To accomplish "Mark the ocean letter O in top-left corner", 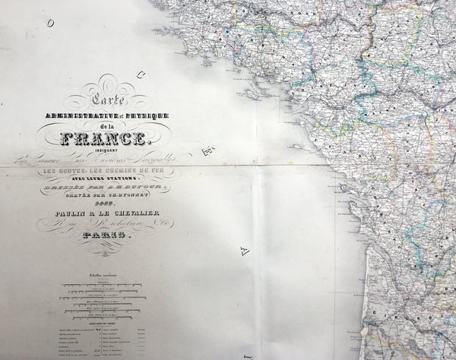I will [x=50, y=24].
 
